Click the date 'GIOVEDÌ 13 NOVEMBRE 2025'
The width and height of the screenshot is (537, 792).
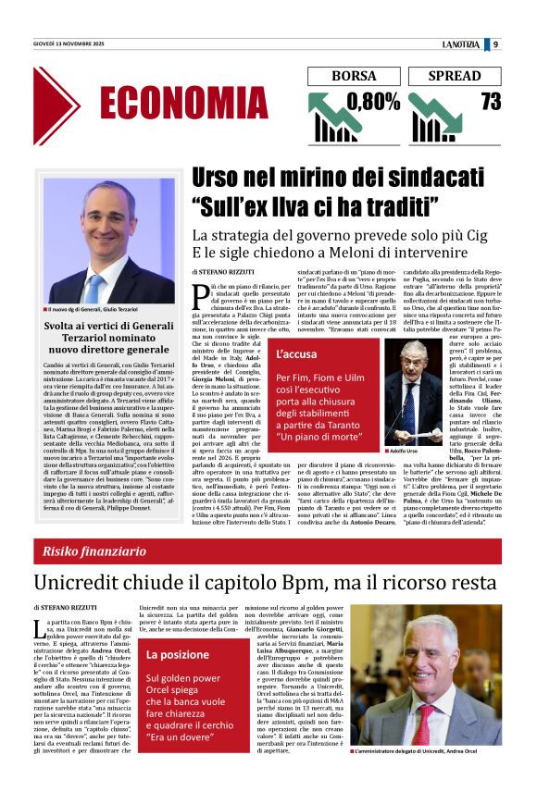pos(69,44)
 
